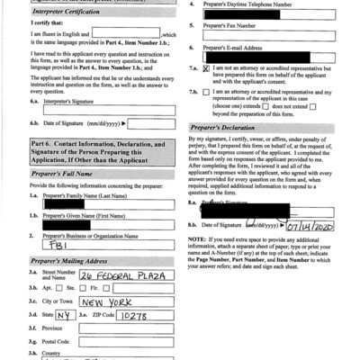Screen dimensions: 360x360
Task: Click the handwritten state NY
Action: pos(61,317)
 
